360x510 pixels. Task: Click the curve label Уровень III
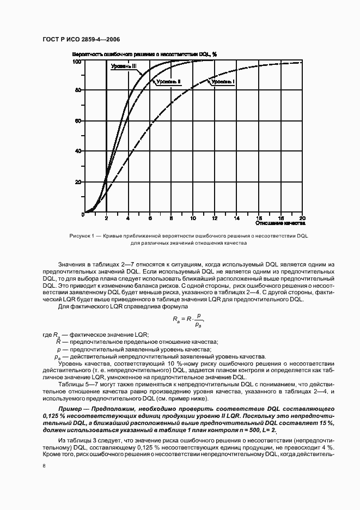pos(124,66)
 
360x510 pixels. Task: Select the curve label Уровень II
pos(168,82)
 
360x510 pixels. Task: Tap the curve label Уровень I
pos(223,82)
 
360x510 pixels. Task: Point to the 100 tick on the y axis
pos(77,62)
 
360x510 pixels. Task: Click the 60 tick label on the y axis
pos(78,121)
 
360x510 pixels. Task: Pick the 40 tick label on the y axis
pos(78,151)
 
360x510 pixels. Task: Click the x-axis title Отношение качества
pos(280,223)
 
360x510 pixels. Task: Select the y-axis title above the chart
pos(145,54)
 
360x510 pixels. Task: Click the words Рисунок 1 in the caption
pos(82,236)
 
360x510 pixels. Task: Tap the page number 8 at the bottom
pos(44,466)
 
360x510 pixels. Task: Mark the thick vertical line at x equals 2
pos(106,136)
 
